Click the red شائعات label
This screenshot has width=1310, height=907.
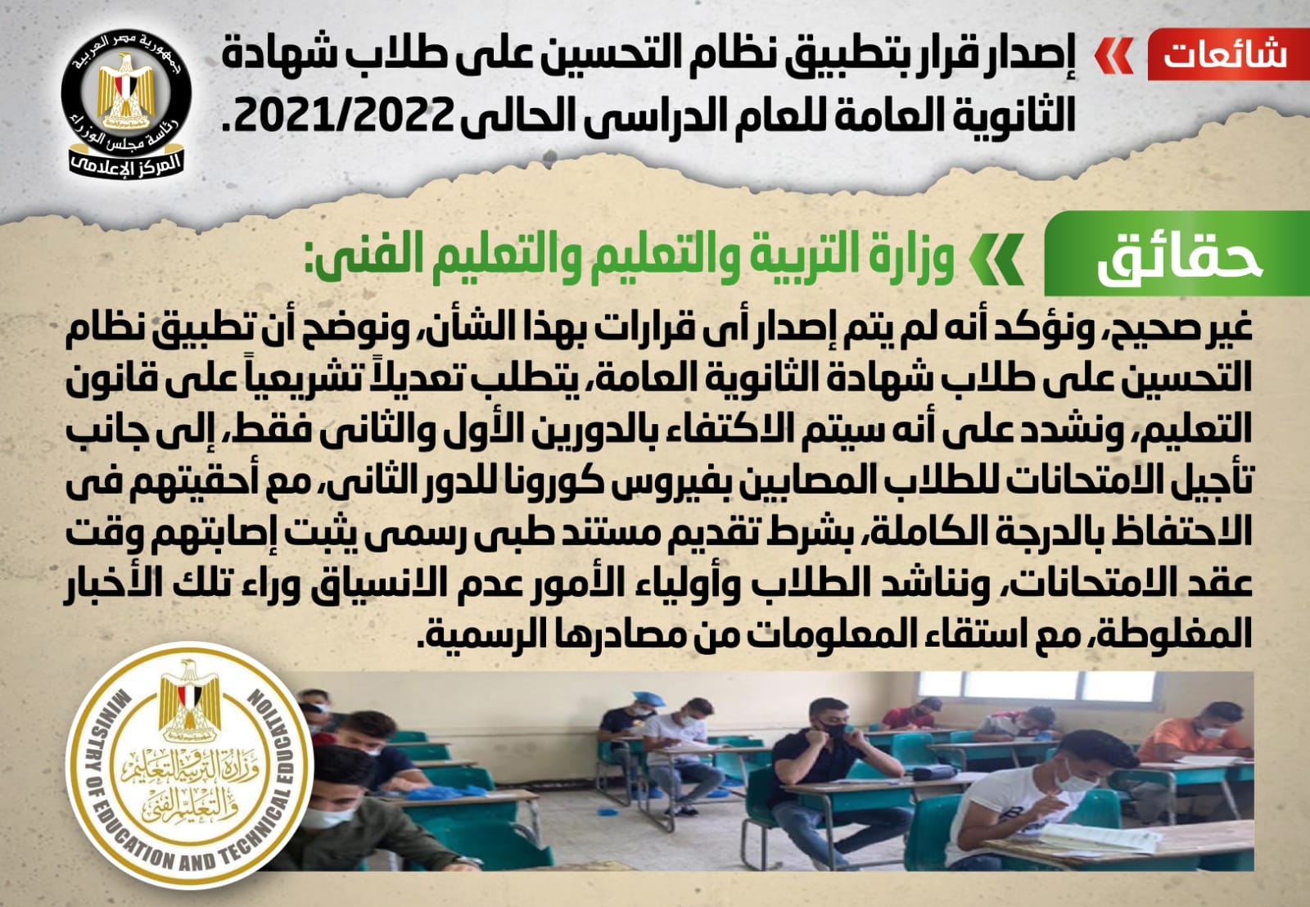tap(1228, 54)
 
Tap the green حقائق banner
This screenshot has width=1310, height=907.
tap(1177, 254)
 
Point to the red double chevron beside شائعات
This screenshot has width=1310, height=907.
tap(1113, 56)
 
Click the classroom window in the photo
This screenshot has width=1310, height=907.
tap(1035, 684)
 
